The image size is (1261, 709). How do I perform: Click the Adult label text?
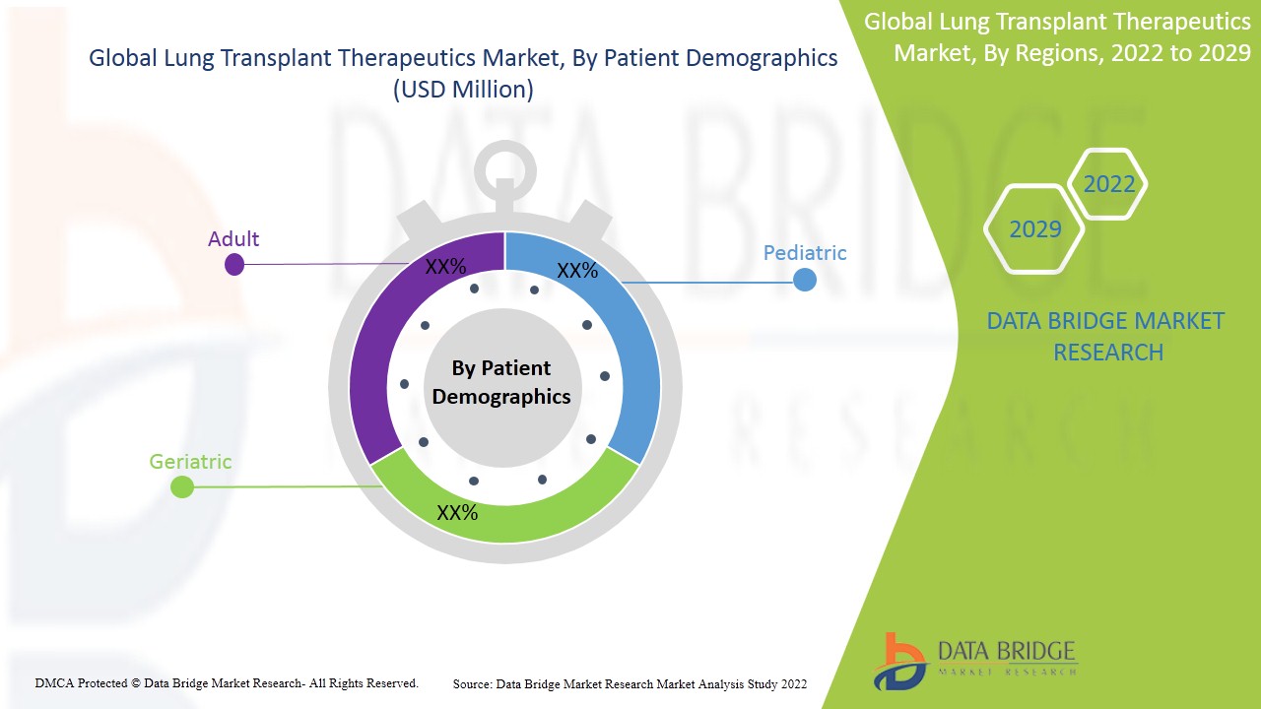pyautogui.click(x=233, y=239)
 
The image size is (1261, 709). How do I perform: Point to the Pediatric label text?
pyautogui.click(x=805, y=253)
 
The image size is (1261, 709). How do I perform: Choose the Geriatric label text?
pyautogui.click(x=190, y=461)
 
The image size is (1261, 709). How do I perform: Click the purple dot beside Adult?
pyautogui.click(x=234, y=264)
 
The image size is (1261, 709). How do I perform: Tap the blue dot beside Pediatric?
pyautogui.click(x=805, y=281)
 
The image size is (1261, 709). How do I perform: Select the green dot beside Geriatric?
pyautogui.click(x=182, y=486)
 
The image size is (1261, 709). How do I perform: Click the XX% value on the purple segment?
pyautogui.click(x=445, y=267)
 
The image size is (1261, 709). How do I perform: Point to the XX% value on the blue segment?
pyautogui.click(x=577, y=271)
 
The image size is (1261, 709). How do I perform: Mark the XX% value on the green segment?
pyautogui.click(x=457, y=513)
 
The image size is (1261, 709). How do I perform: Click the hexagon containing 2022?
pyautogui.click(x=1108, y=184)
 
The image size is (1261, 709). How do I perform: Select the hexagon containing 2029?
pyautogui.click(x=1034, y=229)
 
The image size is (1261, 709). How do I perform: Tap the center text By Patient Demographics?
pyautogui.click(x=501, y=382)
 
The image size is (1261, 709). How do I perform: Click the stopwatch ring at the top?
pyautogui.click(x=503, y=172)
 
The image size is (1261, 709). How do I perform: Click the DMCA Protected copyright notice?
pyautogui.click(x=227, y=682)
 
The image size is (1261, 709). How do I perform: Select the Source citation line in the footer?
pyautogui.click(x=630, y=683)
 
